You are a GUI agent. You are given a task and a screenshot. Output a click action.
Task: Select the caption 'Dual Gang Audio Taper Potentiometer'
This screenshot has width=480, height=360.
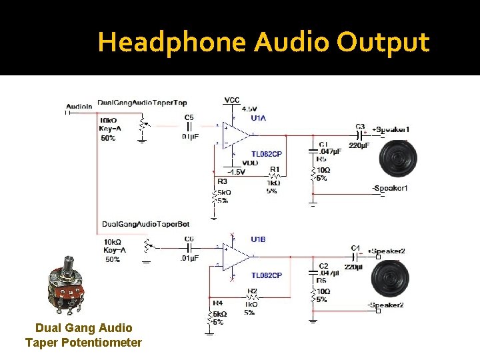coord(83,335)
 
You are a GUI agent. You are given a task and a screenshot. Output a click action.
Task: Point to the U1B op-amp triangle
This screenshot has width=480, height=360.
coord(236,257)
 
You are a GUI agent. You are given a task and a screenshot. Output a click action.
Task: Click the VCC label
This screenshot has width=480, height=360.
coord(231,100)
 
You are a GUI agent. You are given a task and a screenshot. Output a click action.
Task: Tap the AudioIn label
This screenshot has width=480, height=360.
coord(79,107)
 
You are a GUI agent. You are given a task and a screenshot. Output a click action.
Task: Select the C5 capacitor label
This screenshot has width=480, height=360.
coord(189,117)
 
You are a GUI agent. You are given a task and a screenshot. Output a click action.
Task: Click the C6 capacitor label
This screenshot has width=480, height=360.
coord(189,238)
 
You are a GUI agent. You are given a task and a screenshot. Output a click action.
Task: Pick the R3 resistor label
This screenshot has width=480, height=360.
coord(222,181)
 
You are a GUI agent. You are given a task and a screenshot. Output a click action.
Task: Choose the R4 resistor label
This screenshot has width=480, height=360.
coord(217,304)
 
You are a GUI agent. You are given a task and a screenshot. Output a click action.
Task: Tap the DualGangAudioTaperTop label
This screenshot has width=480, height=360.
coord(142,103)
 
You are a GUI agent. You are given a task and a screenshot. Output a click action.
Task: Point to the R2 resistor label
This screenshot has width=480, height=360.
coord(251,291)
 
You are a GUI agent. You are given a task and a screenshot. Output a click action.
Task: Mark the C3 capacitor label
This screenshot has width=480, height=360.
coord(360,126)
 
